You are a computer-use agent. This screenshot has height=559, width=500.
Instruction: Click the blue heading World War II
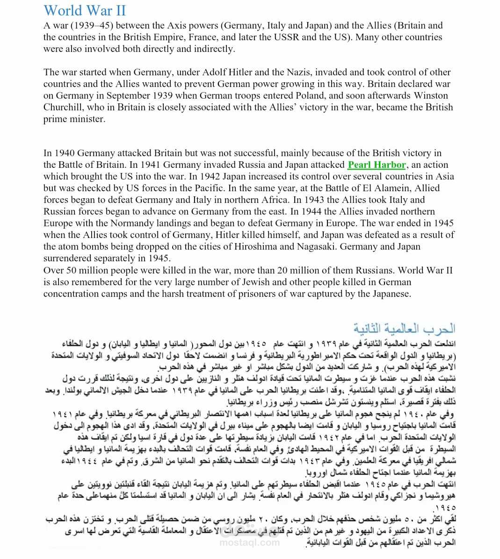(x=85, y=11)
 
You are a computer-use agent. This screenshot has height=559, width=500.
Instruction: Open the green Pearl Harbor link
(x=377, y=165)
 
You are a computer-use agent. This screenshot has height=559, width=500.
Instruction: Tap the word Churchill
(x=65, y=107)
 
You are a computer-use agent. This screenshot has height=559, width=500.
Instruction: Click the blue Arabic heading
(x=404, y=328)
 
